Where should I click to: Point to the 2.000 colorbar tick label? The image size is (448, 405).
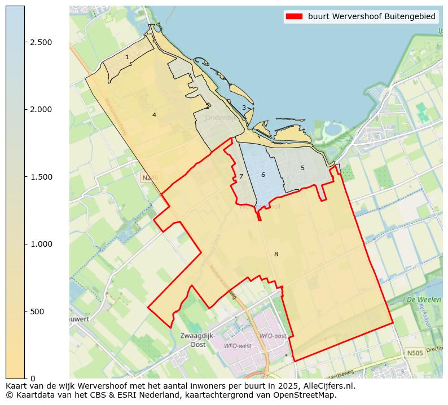[41, 109]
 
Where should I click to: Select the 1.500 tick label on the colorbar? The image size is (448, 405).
[41, 177]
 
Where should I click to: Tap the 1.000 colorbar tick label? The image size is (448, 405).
[41, 244]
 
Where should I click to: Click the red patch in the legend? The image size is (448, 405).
[294, 16]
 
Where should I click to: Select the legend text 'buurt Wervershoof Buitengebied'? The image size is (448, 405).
[371, 16]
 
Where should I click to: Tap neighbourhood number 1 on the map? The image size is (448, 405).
[127, 57]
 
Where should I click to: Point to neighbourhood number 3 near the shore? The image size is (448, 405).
[244, 108]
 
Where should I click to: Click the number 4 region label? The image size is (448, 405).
[154, 115]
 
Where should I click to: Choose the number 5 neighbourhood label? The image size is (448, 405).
[302, 168]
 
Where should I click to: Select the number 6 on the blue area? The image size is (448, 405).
[263, 175]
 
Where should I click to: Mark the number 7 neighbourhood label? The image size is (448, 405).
[241, 176]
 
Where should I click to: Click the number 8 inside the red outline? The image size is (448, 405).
[276, 254]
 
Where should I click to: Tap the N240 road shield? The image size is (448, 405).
[150, 178]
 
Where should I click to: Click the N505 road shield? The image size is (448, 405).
[415, 353]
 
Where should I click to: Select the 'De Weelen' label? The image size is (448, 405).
[423, 300]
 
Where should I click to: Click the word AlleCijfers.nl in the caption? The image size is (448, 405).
[327, 386]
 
